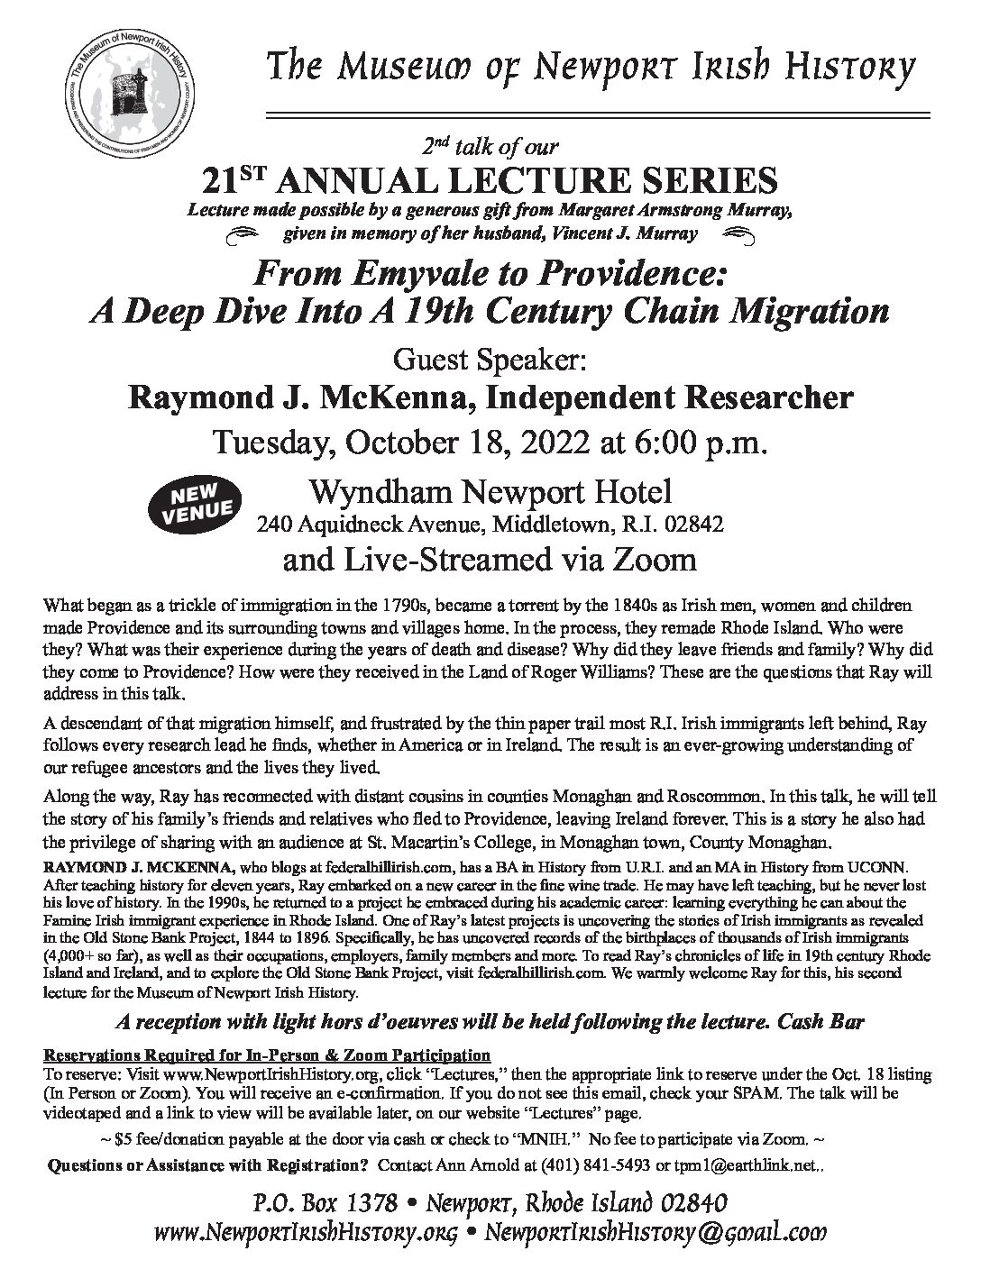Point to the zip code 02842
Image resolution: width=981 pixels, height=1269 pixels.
(x=696, y=524)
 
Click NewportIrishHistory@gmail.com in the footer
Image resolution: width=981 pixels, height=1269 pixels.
(x=656, y=1232)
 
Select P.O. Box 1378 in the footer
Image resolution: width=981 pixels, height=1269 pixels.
(x=335, y=1203)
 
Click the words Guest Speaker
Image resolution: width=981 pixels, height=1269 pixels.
(x=490, y=360)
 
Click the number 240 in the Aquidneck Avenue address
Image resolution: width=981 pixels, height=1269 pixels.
(x=270, y=524)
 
